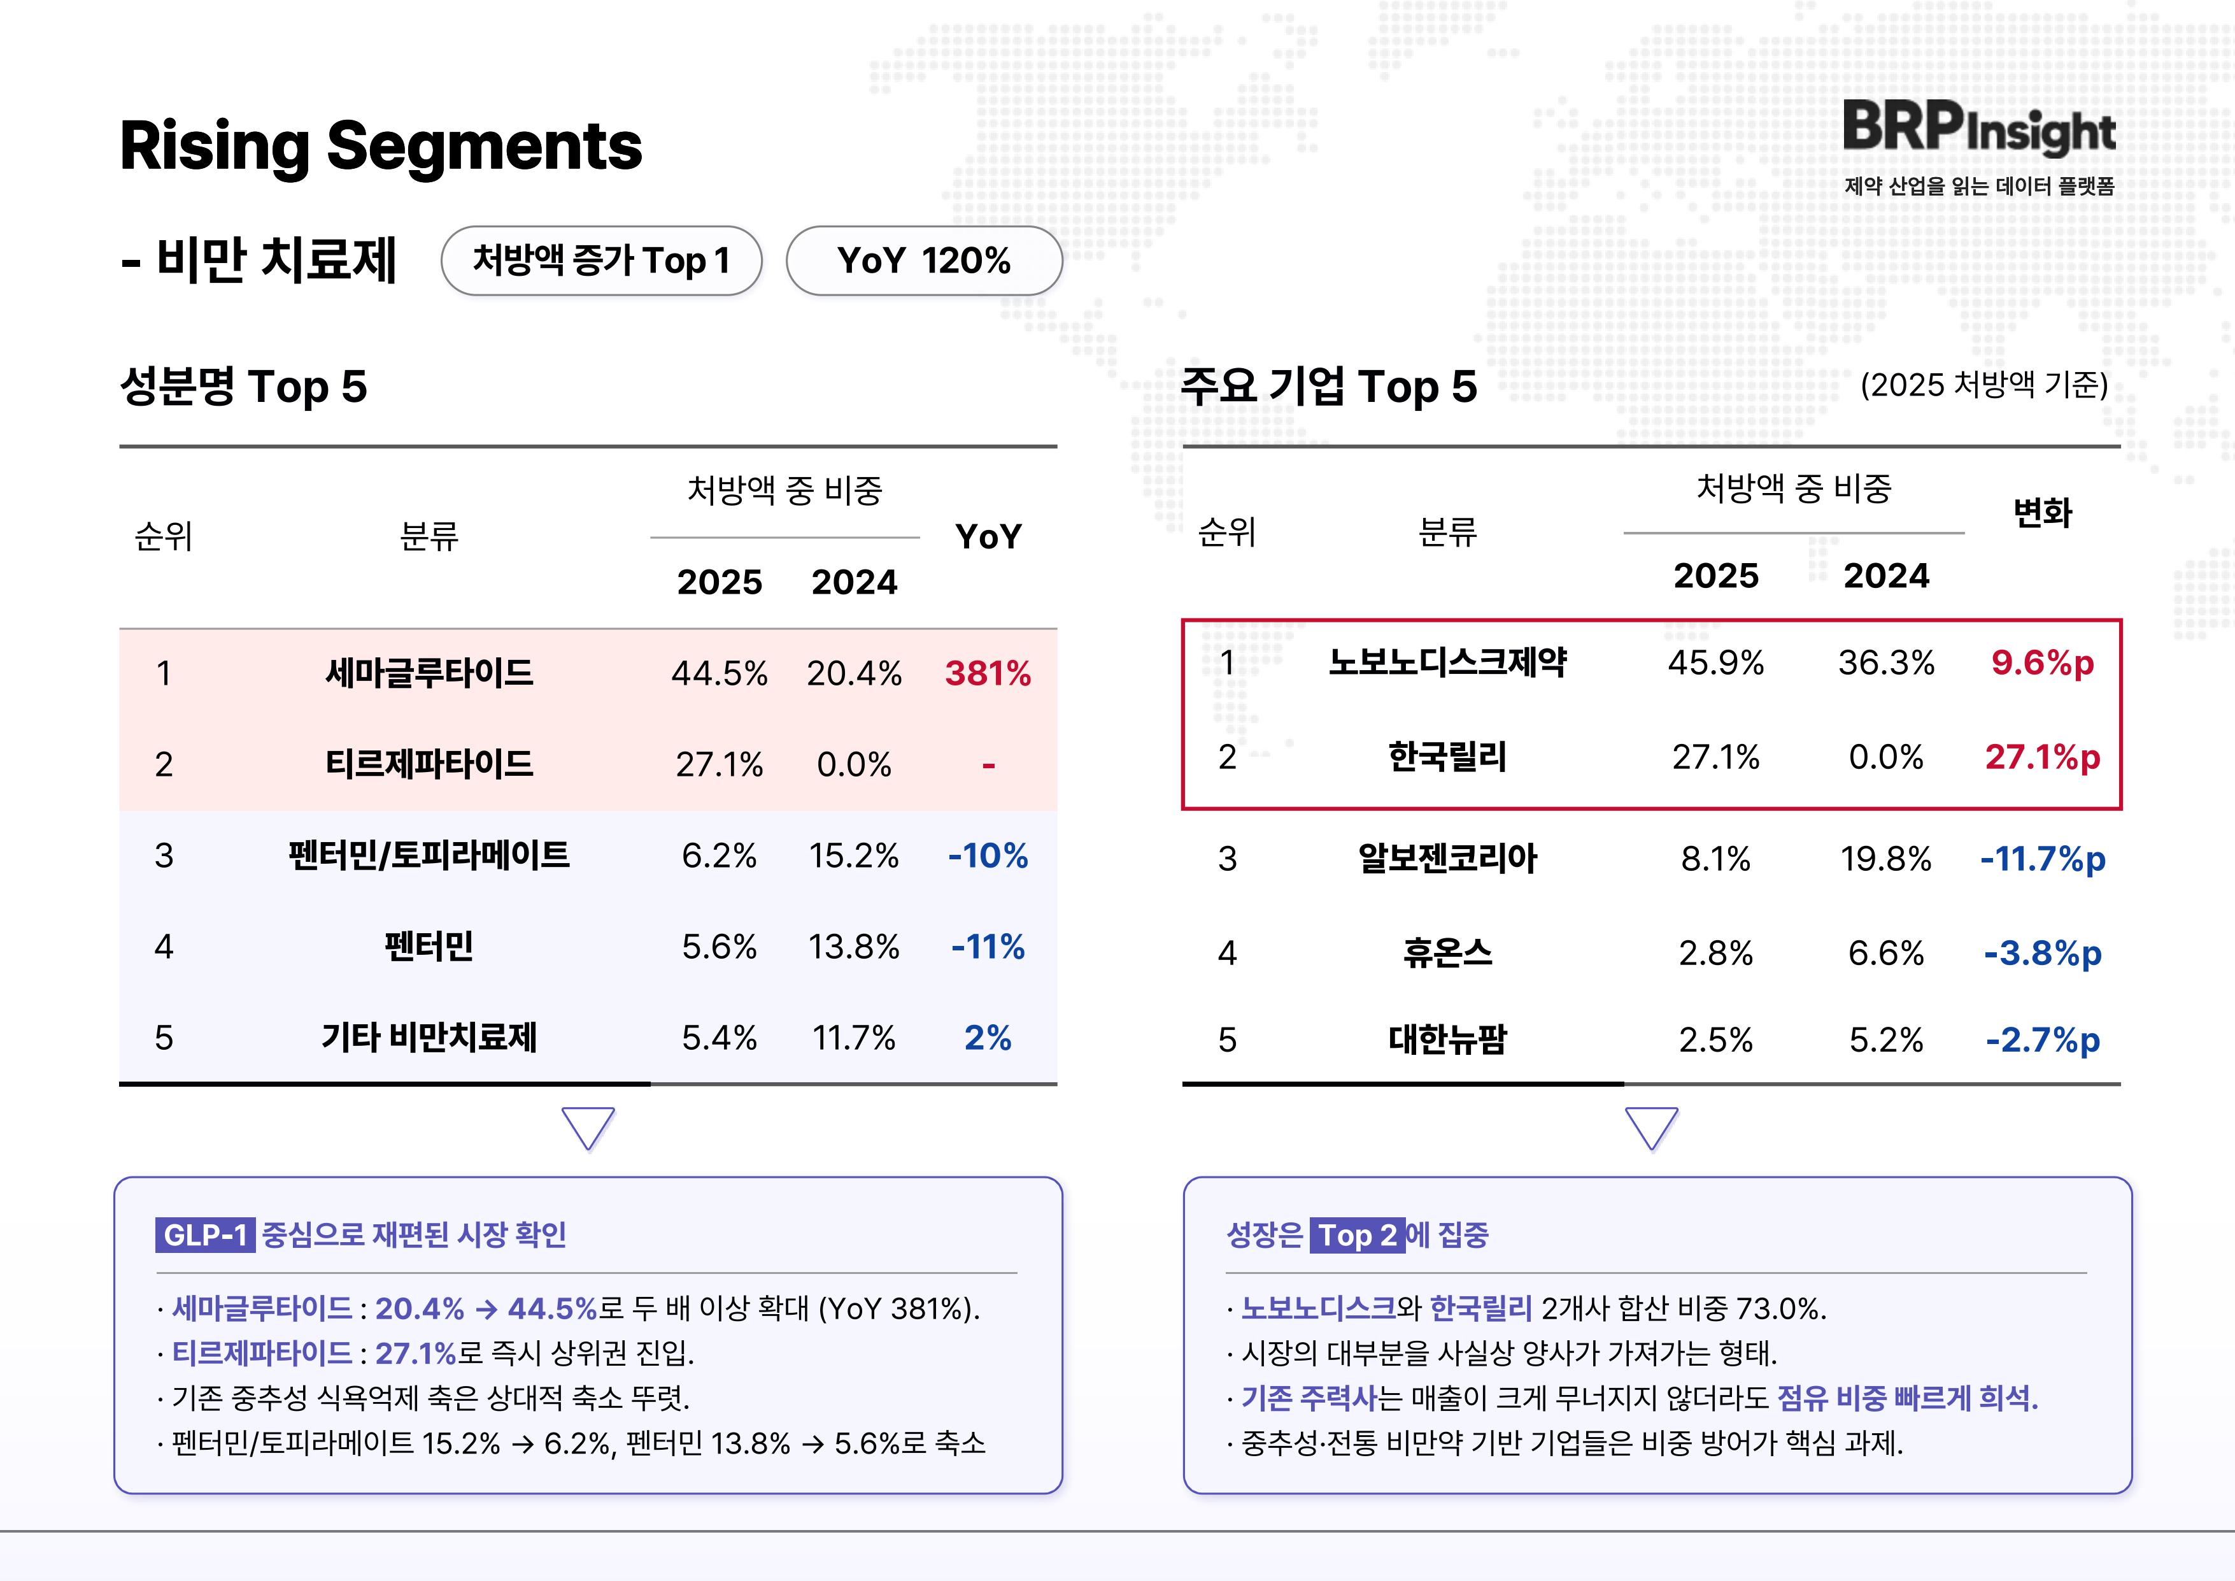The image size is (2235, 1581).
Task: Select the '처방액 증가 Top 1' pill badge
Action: point(600,261)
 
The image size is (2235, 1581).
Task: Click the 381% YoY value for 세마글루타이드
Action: point(987,674)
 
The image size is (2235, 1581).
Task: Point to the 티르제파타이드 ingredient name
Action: point(429,764)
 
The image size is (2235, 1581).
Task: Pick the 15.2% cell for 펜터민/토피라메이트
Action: point(854,855)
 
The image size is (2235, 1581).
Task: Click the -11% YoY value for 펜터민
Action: point(987,947)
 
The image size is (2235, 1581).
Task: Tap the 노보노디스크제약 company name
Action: point(1447,663)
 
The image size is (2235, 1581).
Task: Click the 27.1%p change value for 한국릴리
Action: point(2042,757)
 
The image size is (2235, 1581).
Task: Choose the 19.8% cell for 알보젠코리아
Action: point(1885,859)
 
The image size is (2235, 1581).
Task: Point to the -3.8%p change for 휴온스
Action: point(2042,953)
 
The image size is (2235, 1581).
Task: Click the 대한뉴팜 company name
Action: point(1447,1040)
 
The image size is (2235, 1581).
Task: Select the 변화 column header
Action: point(2042,512)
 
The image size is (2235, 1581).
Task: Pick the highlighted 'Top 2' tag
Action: point(1357,1235)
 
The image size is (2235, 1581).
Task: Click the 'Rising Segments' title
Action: point(381,146)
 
